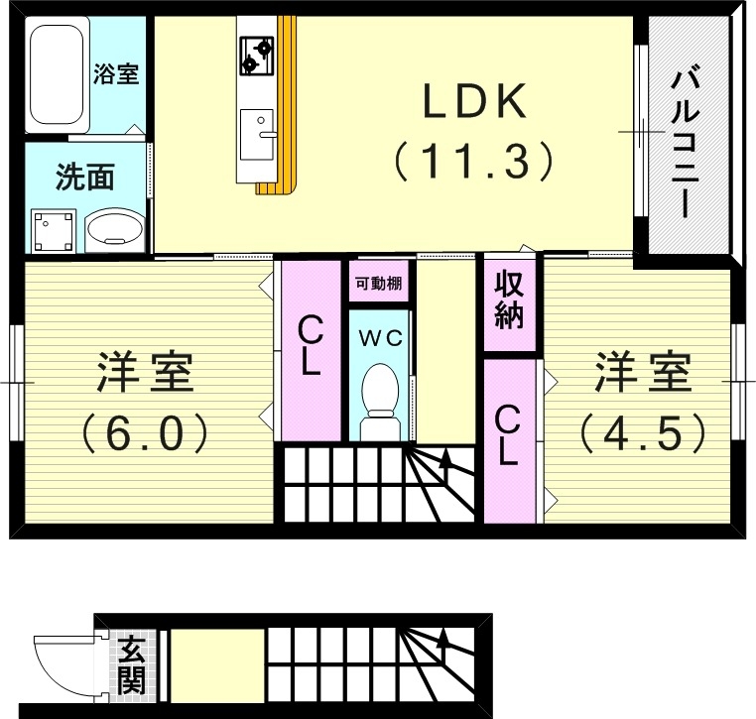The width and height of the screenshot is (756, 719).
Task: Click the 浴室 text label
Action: [x=116, y=73]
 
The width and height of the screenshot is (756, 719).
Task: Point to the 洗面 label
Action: [x=84, y=178]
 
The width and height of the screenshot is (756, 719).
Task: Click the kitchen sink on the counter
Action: [x=258, y=132]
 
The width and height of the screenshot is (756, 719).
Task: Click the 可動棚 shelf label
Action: [x=377, y=283]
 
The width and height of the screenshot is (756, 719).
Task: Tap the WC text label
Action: [x=379, y=337]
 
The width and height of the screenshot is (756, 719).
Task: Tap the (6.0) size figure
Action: [x=144, y=431]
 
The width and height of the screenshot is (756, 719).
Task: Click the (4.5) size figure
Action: [x=642, y=431]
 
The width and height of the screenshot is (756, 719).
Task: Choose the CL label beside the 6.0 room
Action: [x=311, y=346]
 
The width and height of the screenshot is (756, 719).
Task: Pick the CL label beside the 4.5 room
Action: [x=507, y=436]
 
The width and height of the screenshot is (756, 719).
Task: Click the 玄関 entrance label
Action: [x=130, y=665]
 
